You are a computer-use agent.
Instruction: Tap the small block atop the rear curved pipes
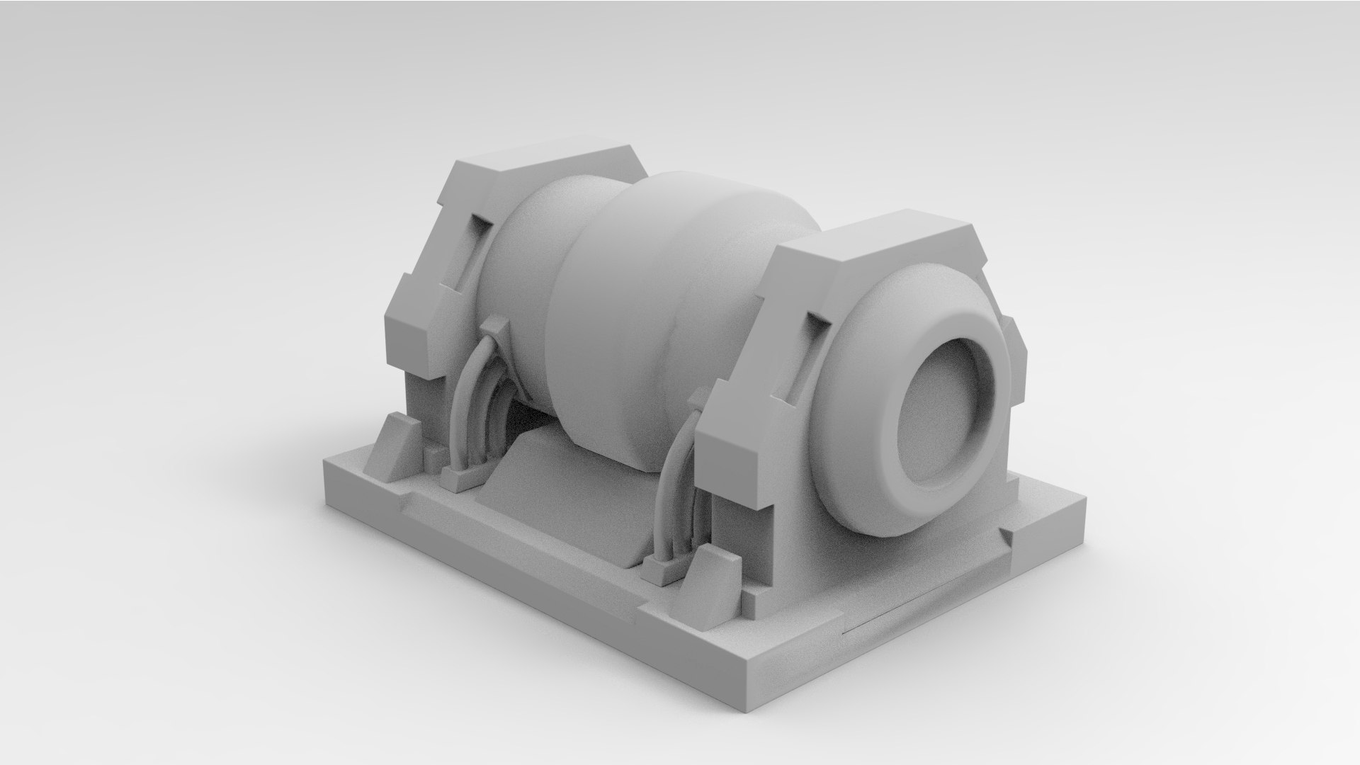(x=495, y=327)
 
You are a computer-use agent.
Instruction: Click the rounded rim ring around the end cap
(x=914, y=489)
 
